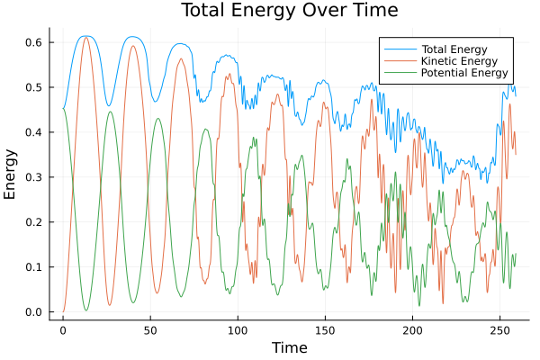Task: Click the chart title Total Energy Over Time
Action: point(270,11)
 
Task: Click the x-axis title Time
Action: point(290,347)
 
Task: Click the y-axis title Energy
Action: point(12,173)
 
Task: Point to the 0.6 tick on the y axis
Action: point(34,42)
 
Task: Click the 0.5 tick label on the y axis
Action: point(34,87)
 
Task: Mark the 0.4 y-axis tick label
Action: point(34,132)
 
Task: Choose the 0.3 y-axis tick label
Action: point(34,177)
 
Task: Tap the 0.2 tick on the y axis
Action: point(34,222)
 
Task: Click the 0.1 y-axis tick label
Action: point(34,267)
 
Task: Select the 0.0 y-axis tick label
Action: point(34,312)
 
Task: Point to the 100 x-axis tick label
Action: point(237,331)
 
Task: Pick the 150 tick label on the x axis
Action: point(324,331)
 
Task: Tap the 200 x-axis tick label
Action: point(411,331)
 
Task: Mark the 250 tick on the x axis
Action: point(499,331)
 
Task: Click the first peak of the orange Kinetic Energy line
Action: point(86,37)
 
